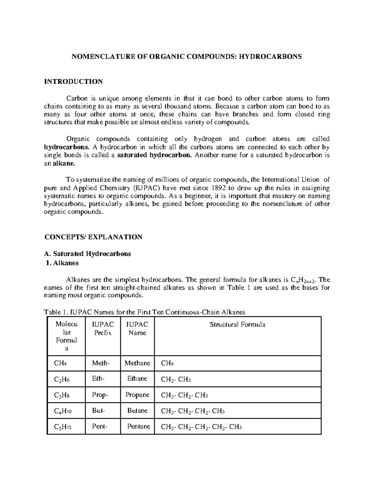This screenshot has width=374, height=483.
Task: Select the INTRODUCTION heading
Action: coord(73,82)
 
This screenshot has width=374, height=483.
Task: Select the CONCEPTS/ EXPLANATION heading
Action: coord(93,237)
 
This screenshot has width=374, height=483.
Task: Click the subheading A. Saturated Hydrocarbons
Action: coord(88,254)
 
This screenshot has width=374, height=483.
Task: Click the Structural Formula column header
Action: coord(237,325)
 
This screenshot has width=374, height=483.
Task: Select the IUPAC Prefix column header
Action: coord(103,329)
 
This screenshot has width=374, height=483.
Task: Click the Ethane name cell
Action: coord(137,379)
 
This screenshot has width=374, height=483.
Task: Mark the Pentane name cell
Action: coord(138,426)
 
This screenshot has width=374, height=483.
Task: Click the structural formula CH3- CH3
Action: coord(176,379)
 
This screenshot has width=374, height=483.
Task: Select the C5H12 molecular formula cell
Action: coord(63,427)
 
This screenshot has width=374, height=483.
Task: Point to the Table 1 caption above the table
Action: coord(145,312)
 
